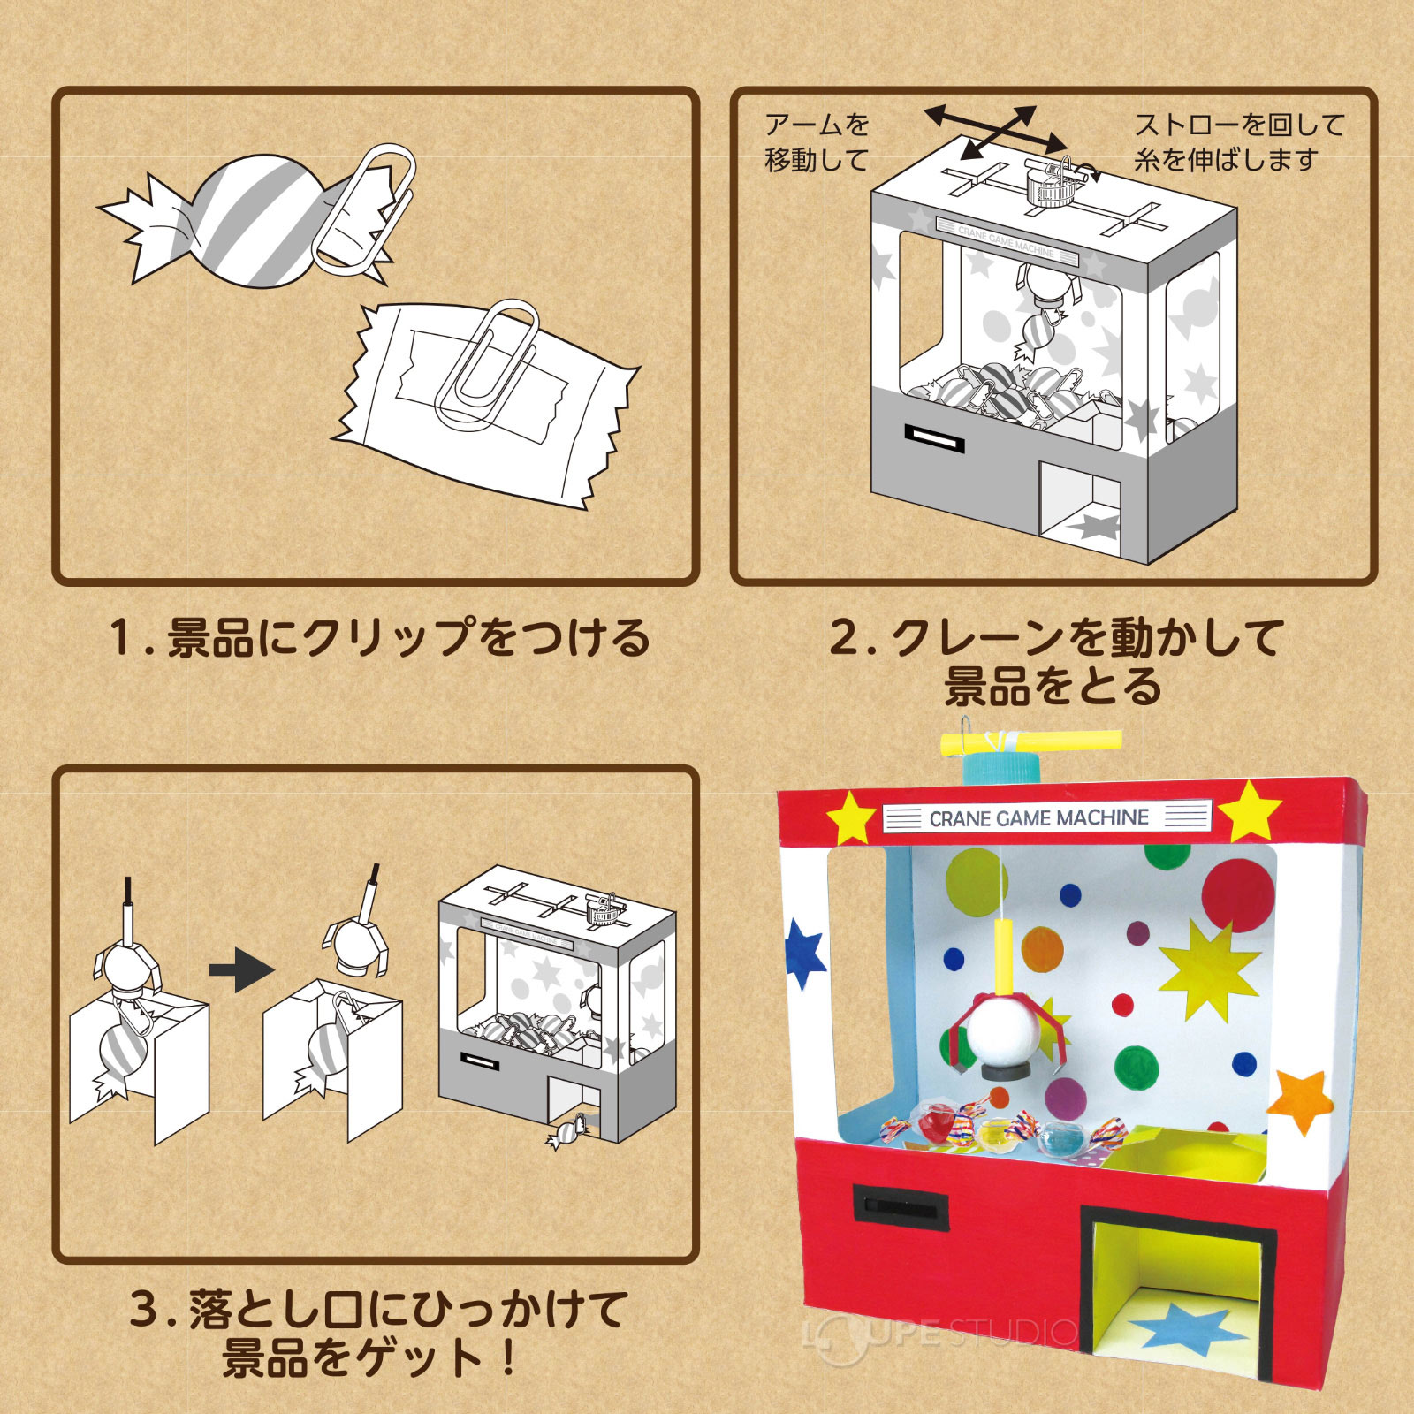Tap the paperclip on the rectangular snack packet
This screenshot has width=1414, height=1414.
pos(486,362)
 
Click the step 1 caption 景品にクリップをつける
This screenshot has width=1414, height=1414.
pos(380,638)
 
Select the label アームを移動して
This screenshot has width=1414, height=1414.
pos(817,141)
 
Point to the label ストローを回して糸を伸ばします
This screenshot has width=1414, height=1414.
pos(1237,141)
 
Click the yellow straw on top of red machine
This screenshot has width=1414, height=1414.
pos(1030,741)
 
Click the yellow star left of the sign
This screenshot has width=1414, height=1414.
pos(850,817)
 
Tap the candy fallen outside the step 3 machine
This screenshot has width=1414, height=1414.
pos(567,1131)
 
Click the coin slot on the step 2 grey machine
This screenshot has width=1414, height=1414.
pos(933,437)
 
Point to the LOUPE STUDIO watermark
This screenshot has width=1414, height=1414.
pos(941,1334)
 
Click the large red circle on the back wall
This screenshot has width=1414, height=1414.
pos(1237,893)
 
